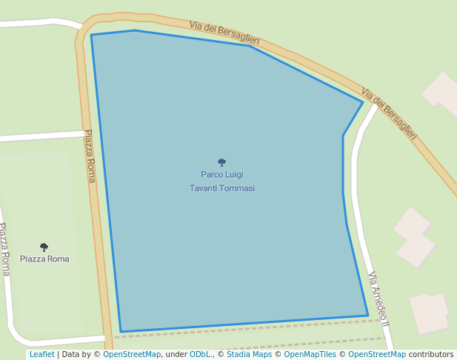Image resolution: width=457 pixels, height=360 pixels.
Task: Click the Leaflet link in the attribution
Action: [x=41, y=354]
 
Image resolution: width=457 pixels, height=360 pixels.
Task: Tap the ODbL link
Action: [x=201, y=354]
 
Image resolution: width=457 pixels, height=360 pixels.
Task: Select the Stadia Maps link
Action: [x=249, y=354]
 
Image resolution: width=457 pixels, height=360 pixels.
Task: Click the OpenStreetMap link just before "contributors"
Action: [x=377, y=354]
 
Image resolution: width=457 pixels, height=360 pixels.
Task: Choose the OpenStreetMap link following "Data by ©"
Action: [x=132, y=354]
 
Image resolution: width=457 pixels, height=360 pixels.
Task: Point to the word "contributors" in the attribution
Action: [x=431, y=354]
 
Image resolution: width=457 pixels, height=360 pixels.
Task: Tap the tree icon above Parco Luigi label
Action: [x=221, y=162]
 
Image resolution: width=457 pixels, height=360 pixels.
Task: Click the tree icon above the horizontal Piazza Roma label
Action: [x=44, y=247]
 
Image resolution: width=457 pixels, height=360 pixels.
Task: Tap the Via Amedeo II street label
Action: [x=378, y=297]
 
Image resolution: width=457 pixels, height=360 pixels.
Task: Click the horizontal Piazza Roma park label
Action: [x=44, y=259]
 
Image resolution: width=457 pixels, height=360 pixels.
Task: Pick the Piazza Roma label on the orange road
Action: [x=90, y=156]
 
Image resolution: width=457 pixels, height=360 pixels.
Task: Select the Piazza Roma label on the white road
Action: [x=4, y=249]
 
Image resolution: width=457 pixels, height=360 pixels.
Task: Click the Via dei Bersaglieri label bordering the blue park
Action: [x=224, y=32]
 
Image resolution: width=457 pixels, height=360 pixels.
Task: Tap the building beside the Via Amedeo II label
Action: [x=429, y=313]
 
